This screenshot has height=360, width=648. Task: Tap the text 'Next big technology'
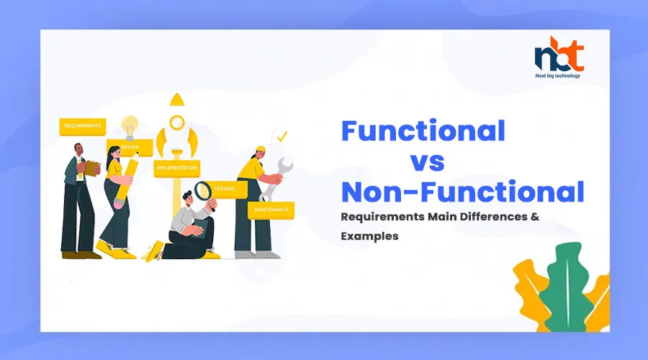click(557, 76)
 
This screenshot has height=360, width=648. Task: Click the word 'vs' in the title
click(427, 163)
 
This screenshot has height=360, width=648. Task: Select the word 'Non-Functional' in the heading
click(463, 192)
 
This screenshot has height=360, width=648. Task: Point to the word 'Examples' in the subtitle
click(369, 236)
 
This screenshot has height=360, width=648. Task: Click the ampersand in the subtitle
click(535, 217)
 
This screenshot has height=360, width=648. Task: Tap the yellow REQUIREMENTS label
click(83, 127)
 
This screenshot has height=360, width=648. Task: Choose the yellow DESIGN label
click(130, 147)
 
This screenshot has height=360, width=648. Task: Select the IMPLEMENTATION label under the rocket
click(177, 168)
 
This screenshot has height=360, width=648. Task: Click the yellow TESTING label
click(226, 189)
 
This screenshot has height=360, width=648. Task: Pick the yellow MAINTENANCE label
click(271, 210)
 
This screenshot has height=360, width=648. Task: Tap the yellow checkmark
click(282, 136)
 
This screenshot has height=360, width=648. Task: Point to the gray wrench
click(276, 179)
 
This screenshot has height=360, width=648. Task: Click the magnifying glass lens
click(202, 191)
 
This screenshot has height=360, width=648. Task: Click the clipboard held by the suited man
click(93, 168)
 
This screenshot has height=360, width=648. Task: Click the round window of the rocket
click(177, 122)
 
